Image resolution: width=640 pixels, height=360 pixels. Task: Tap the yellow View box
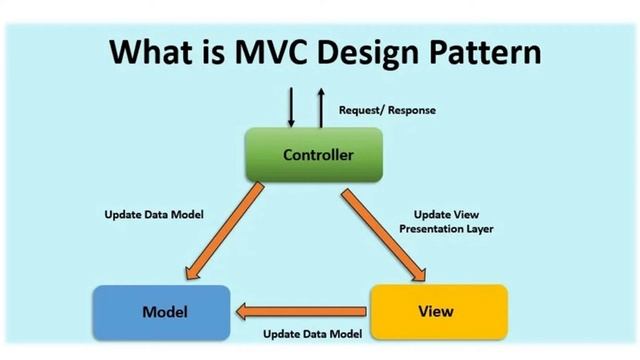tap(439, 311)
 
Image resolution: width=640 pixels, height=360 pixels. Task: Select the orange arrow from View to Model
tap(301, 312)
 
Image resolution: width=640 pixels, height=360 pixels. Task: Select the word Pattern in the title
tap(483, 51)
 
